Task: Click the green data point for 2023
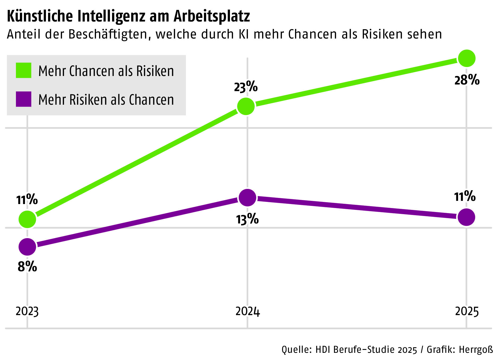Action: [x=27, y=219]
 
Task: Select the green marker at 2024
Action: [x=246, y=107]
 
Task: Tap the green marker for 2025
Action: [x=467, y=58]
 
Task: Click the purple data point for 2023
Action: [x=27, y=247]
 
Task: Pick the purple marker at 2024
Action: [x=247, y=198]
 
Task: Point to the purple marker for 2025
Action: [x=467, y=217]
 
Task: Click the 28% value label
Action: [x=467, y=80]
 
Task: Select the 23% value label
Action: [x=246, y=87]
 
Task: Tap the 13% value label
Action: [x=247, y=219]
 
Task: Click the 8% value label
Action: [x=27, y=266]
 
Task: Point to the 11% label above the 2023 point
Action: [x=27, y=200]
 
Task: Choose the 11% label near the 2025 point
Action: [x=465, y=197]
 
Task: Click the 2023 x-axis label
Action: [x=27, y=311]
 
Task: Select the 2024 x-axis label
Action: [x=247, y=311]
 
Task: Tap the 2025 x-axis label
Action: [x=467, y=311]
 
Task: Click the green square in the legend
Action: [x=24, y=70]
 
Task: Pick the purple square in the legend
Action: [x=24, y=99]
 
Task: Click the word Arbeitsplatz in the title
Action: [x=212, y=16]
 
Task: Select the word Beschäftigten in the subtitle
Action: [x=108, y=34]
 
